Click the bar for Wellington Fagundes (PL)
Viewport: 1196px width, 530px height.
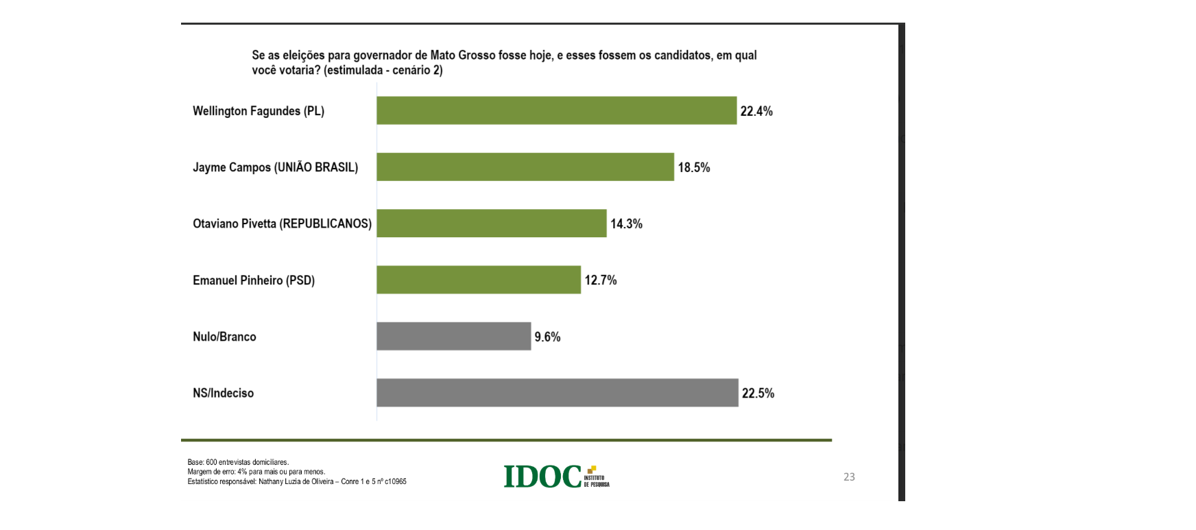click(556, 110)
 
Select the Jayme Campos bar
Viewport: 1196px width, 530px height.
click(525, 167)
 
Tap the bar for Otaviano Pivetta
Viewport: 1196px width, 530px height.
click(492, 224)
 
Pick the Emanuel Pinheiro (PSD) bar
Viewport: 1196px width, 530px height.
click(479, 280)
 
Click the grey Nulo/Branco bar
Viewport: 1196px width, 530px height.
click(453, 336)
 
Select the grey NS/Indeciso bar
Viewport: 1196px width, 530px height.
click(557, 393)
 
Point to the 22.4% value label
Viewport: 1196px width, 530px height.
click(756, 111)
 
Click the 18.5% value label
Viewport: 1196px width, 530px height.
click(694, 167)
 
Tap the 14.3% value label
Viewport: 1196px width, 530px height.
click(627, 224)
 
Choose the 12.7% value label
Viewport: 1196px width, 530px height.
click(601, 280)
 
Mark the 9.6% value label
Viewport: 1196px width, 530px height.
click(547, 337)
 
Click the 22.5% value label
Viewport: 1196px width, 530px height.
click(758, 393)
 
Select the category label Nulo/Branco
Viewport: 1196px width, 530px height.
click(224, 337)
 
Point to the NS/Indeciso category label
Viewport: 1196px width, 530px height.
click(223, 393)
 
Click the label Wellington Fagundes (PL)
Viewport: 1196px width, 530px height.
click(259, 111)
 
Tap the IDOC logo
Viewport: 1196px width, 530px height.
click(556, 476)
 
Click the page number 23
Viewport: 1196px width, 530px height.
click(849, 477)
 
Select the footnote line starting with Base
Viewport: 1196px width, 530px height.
click(238, 462)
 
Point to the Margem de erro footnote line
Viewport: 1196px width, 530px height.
click(256, 472)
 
